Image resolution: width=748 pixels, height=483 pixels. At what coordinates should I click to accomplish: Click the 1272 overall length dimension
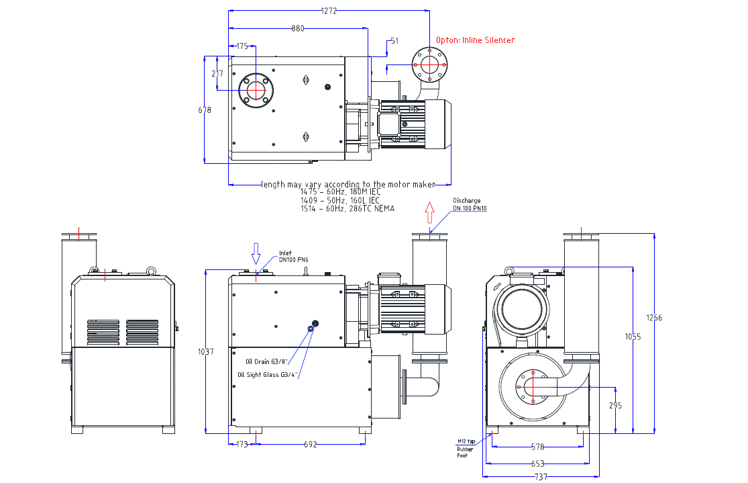point(329,10)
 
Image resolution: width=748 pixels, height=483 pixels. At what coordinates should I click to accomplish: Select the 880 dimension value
point(298,28)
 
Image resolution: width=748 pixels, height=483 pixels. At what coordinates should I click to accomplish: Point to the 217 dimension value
point(217,73)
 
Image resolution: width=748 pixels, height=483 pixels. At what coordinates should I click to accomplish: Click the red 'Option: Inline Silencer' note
point(475,40)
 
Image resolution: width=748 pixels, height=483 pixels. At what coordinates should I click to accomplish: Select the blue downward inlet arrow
point(256,253)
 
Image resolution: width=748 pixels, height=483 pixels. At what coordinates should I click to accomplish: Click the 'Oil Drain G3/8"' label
point(266,361)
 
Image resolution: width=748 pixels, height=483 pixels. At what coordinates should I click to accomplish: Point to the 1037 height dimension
point(207,351)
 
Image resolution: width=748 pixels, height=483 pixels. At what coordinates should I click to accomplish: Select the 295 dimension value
point(615,405)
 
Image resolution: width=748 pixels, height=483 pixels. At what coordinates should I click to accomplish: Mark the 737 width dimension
point(541,476)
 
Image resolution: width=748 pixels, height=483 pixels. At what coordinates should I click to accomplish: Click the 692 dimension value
point(310,444)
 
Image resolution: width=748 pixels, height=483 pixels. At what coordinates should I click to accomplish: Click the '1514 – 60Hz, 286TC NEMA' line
point(348,209)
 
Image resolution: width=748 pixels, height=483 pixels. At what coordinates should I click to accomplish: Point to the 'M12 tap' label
point(466,441)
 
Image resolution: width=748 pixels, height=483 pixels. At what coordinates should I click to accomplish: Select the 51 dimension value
point(394,41)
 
